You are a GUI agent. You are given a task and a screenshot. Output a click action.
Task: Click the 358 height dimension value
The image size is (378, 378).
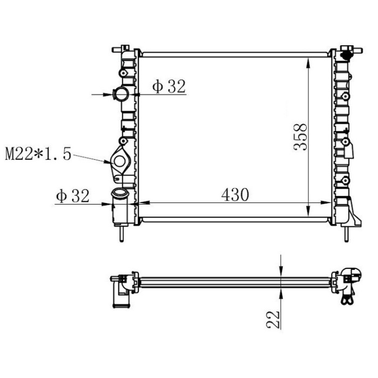[x=301, y=137]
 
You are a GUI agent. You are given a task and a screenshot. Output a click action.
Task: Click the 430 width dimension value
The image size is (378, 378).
[x=234, y=194]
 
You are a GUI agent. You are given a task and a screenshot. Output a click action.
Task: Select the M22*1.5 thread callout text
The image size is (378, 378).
[x=38, y=155]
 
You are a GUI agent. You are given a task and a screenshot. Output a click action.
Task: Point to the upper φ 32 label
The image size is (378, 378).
[x=168, y=86]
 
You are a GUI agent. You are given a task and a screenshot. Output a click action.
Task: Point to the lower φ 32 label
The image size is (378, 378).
[x=72, y=196]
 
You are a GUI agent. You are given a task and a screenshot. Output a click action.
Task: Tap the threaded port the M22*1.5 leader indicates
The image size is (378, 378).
[x=119, y=160]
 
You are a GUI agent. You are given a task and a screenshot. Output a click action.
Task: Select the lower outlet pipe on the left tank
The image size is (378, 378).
[x=118, y=205]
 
